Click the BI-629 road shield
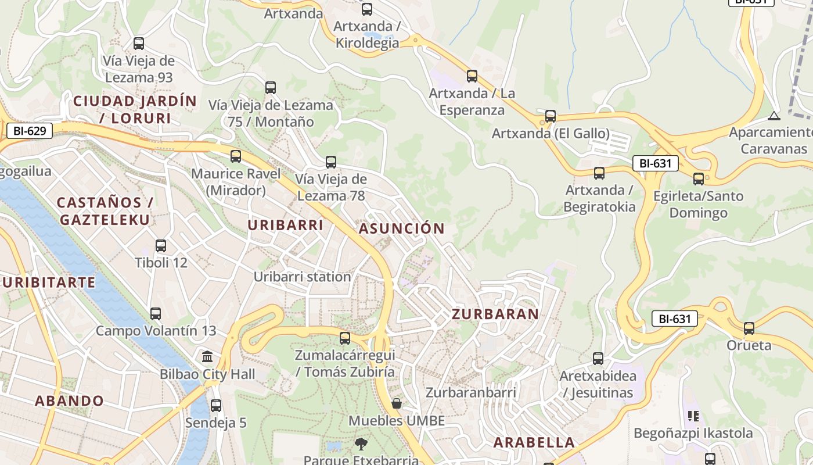click(x=29, y=131)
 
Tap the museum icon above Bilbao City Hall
click(x=207, y=356)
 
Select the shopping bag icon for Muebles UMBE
click(x=397, y=403)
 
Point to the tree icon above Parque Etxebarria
click(x=361, y=445)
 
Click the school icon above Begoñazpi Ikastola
click(x=693, y=416)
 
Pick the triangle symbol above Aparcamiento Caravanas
click(x=774, y=115)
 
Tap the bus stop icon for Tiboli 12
click(x=161, y=245)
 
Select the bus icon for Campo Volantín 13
click(x=156, y=314)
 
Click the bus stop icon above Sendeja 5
click(x=216, y=405)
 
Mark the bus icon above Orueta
click(x=749, y=328)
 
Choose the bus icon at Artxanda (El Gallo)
click(x=551, y=116)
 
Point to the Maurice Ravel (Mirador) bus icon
click(x=236, y=156)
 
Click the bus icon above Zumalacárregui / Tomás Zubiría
click(x=345, y=338)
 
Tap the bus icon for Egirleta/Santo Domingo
click(x=699, y=178)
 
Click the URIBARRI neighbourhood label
click(x=285, y=225)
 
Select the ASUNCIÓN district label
click(x=401, y=228)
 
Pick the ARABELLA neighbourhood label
click(x=534, y=442)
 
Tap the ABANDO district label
click(x=69, y=400)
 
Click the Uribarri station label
click(x=302, y=277)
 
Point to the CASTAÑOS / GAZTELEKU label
click(x=105, y=211)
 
